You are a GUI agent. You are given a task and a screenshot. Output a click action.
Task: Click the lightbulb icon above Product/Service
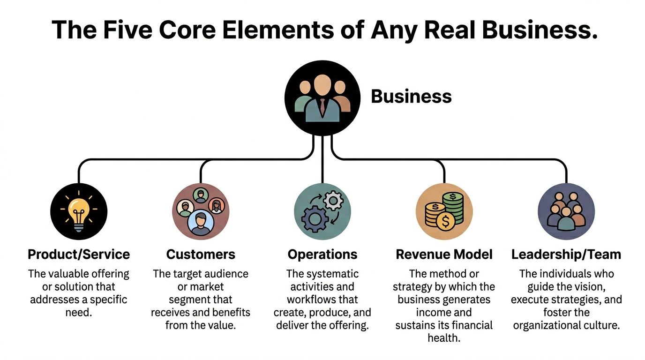79,212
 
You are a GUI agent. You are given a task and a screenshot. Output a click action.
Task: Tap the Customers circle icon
201,212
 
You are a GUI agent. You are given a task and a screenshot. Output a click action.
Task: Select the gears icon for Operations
322,212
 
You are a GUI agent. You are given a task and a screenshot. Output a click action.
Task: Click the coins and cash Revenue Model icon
444,212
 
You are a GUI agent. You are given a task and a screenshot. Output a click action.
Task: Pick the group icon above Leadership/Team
566,212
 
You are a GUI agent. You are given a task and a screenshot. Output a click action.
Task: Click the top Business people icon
322,98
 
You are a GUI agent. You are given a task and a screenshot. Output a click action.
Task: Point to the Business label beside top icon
411,97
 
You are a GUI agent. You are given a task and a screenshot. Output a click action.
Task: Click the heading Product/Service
79,255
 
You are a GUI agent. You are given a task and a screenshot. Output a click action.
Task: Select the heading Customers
201,255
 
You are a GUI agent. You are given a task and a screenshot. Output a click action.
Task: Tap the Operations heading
322,255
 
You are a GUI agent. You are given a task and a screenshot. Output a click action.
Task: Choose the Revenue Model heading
444,255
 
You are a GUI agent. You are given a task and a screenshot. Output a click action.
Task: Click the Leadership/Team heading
566,255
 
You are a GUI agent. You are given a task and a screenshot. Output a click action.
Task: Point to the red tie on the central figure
322,107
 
